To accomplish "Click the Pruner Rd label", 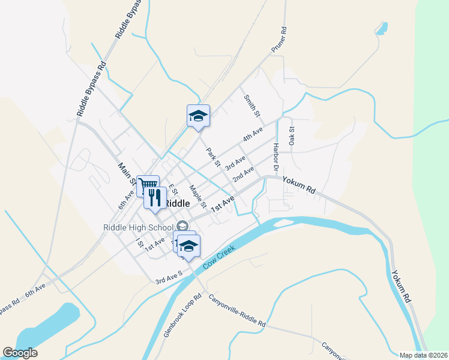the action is [x=280, y=40].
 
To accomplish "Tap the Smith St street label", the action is [x=252, y=106].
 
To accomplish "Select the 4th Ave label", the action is [x=253, y=134].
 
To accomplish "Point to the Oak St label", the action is [x=292, y=136].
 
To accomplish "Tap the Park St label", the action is [x=213, y=158].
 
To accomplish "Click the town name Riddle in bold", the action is [x=177, y=203].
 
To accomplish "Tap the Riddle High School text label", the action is [x=138, y=227].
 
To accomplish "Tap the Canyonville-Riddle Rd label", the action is [x=237, y=310].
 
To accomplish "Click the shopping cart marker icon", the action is [x=148, y=184].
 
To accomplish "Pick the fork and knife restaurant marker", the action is [x=154, y=196].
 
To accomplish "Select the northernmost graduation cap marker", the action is [x=198, y=115].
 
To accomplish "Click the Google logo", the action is [x=20, y=353].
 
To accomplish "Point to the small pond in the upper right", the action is [x=381, y=28].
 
